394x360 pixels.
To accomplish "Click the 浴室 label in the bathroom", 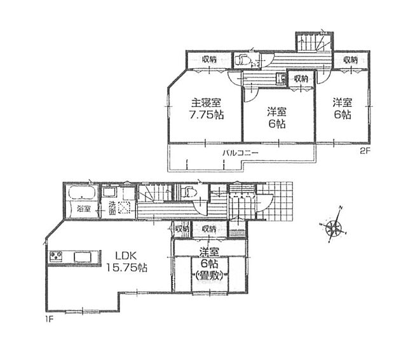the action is [x=82, y=209].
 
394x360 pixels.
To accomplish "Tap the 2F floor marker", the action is [x=365, y=151].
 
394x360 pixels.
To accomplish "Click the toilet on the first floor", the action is [x=189, y=192].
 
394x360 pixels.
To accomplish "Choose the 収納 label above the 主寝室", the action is [x=209, y=59].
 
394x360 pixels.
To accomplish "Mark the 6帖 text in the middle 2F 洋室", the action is [x=277, y=125].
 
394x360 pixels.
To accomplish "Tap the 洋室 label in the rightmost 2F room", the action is [x=343, y=102].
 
